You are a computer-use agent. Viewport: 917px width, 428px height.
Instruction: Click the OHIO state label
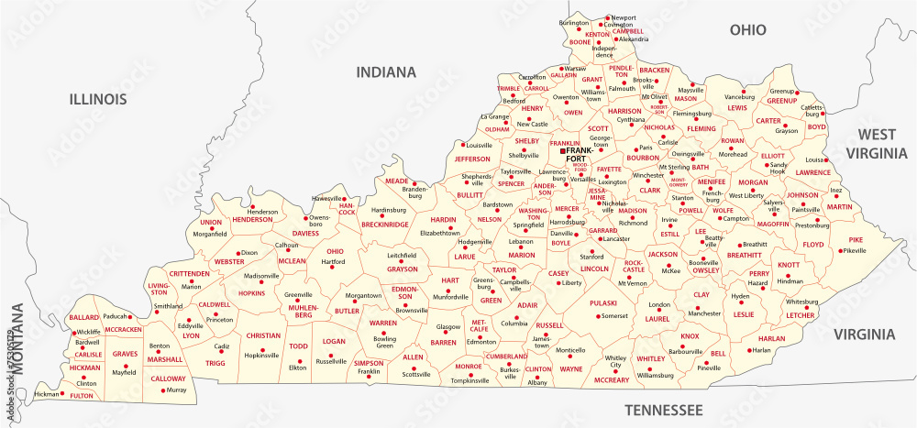coord(747,30)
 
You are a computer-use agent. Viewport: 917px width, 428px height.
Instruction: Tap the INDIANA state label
coord(386,71)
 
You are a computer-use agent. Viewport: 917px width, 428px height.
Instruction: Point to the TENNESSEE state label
coord(662,408)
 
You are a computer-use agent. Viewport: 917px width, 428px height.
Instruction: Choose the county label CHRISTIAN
coord(262,335)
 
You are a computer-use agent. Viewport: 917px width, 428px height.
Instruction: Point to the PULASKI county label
coord(602,302)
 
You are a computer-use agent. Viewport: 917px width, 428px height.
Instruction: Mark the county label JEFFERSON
coord(473,159)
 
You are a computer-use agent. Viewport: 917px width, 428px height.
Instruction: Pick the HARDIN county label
coord(443,220)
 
